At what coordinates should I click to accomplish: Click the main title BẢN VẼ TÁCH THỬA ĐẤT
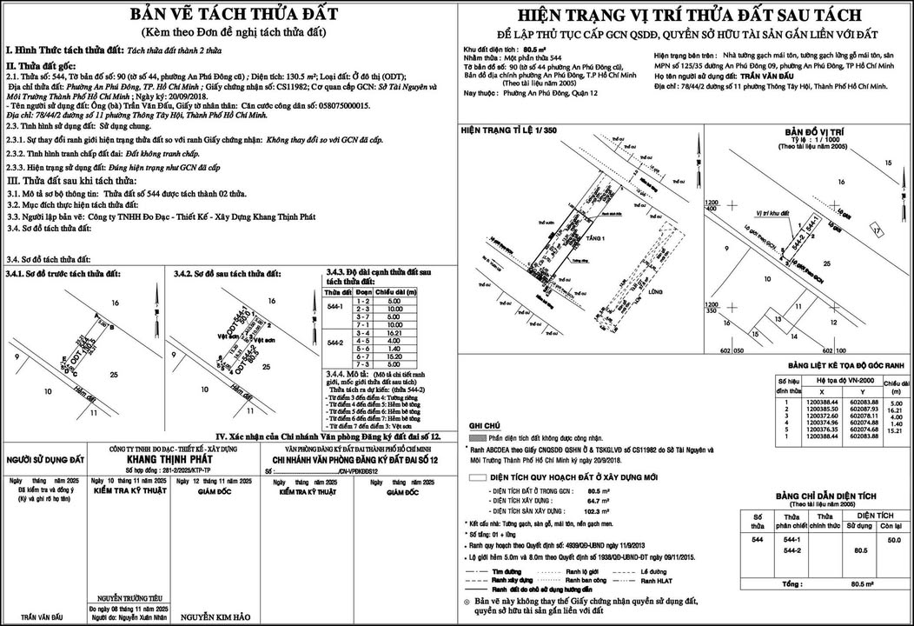click(227, 15)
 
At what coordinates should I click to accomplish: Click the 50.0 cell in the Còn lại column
click(890, 540)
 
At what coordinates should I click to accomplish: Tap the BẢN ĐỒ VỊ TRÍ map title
click(811, 131)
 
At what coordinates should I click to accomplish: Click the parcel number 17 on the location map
click(878, 230)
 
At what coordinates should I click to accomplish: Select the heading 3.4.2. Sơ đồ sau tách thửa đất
click(227, 274)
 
